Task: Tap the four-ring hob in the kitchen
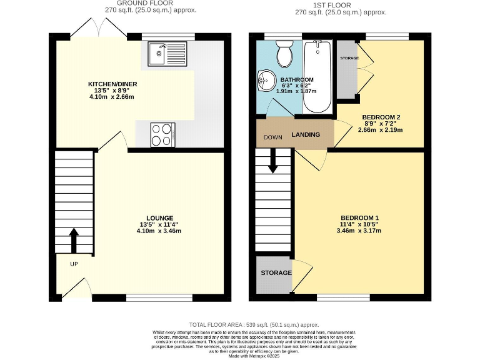click(x=162, y=134)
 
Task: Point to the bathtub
click(x=317, y=76)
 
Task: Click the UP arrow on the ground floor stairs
click(x=74, y=240)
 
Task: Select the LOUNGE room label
click(x=151, y=217)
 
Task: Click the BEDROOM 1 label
click(x=359, y=217)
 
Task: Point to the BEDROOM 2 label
click(x=381, y=117)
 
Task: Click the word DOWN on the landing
click(x=272, y=137)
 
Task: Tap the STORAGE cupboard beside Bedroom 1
click(x=276, y=273)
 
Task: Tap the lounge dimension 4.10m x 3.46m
click(x=151, y=231)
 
